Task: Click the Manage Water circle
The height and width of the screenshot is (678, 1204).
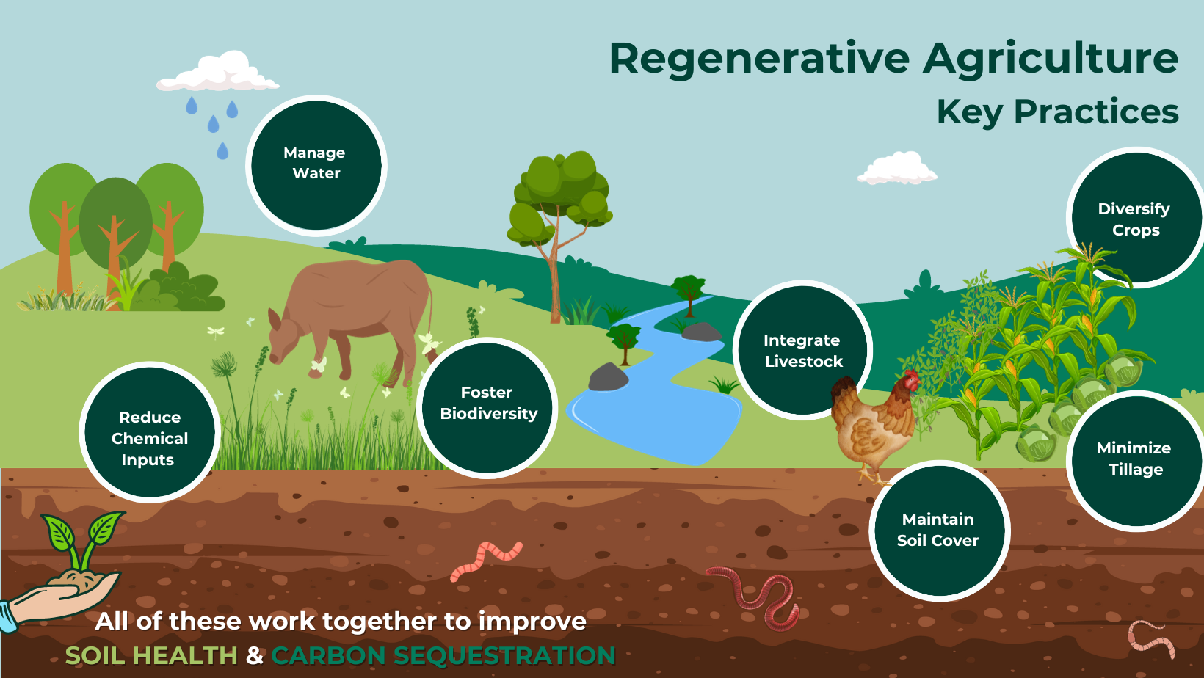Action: pyautogui.click(x=316, y=164)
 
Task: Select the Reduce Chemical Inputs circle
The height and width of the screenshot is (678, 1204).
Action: pyautogui.click(x=150, y=433)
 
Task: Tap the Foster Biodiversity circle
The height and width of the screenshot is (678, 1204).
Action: pyautogui.click(x=487, y=407)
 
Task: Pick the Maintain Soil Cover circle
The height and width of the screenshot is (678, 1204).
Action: pyautogui.click(x=938, y=531)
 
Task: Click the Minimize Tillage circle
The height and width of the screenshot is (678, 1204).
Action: pyautogui.click(x=1134, y=460)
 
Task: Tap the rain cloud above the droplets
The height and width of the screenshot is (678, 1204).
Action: pyautogui.click(x=219, y=73)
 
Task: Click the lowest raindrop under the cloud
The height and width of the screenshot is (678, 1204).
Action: pyautogui.click(x=222, y=151)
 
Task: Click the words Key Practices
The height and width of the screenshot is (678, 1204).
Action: pyautogui.click(x=1057, y=112)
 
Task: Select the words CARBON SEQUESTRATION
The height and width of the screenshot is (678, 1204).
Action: pyautogui.click(x=443, y=655)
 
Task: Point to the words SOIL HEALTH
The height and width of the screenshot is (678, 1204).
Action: pyautogui.click(x=151, y=655)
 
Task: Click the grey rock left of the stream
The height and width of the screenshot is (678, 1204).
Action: pyautogui.click(x=608, y=377)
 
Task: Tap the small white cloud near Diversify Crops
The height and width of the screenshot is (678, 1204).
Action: pyautogui.click(x=896, y=169)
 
